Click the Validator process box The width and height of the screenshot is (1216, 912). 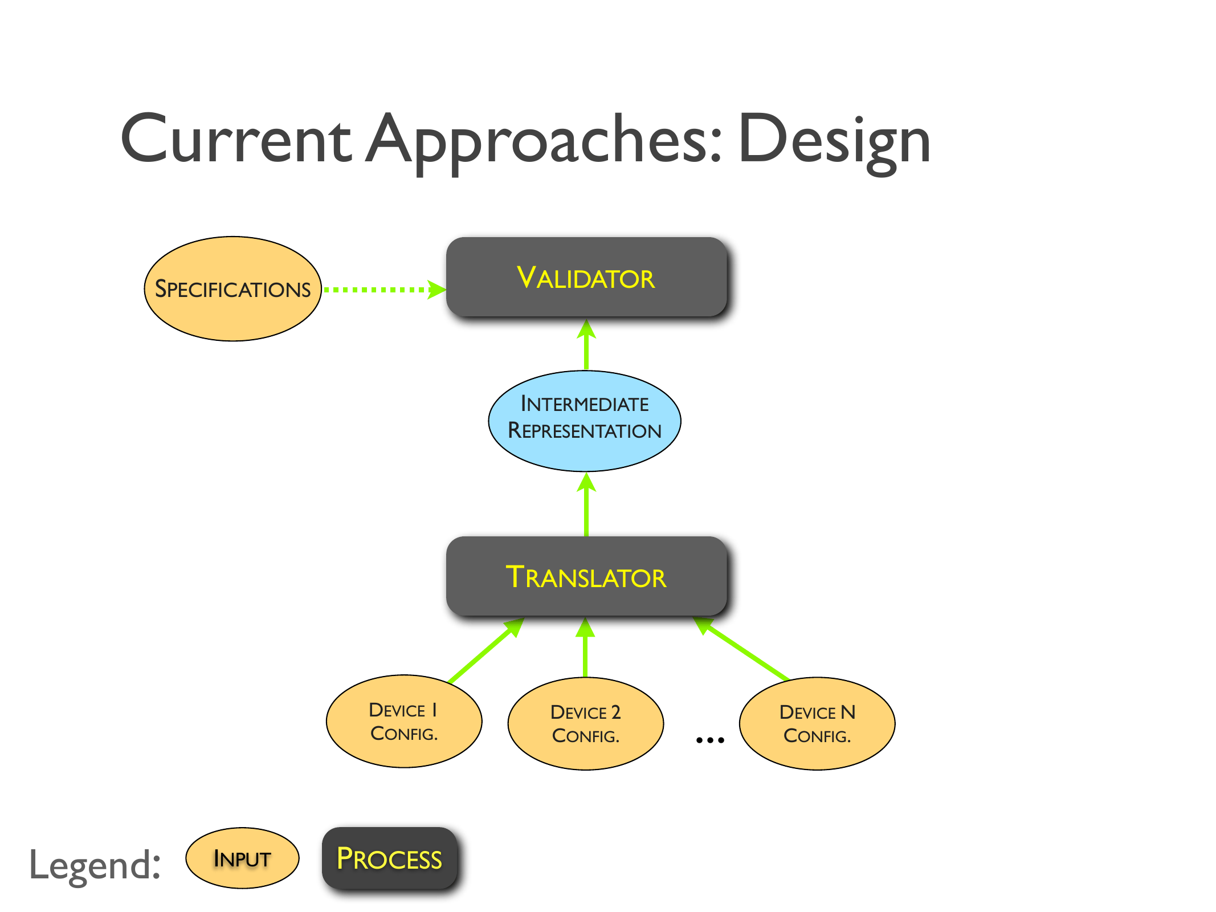[x=586, y=278]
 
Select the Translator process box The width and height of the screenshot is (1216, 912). [x=586, y=576]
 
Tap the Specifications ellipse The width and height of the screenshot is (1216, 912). [x=232, y=289]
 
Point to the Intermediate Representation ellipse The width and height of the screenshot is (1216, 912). [x=585, y=421]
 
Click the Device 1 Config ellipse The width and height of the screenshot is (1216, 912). [x=403, y=722]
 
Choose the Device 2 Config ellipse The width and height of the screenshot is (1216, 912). [x=585, y=723]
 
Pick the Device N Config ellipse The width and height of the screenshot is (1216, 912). [x=817, y=723]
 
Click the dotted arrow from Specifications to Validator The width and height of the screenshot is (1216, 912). [x=382, y=290]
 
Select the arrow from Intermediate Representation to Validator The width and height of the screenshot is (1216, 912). [x=586, y=345]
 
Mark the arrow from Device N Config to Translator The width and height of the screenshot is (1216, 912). [x=743, y=650]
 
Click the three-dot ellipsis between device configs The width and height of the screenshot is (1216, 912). [x=710, y=740]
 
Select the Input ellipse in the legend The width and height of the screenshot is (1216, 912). [x=242, y=858]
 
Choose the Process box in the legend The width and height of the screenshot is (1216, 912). [x=390, y=858]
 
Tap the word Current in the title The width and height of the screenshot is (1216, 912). [x=236, y=140]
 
